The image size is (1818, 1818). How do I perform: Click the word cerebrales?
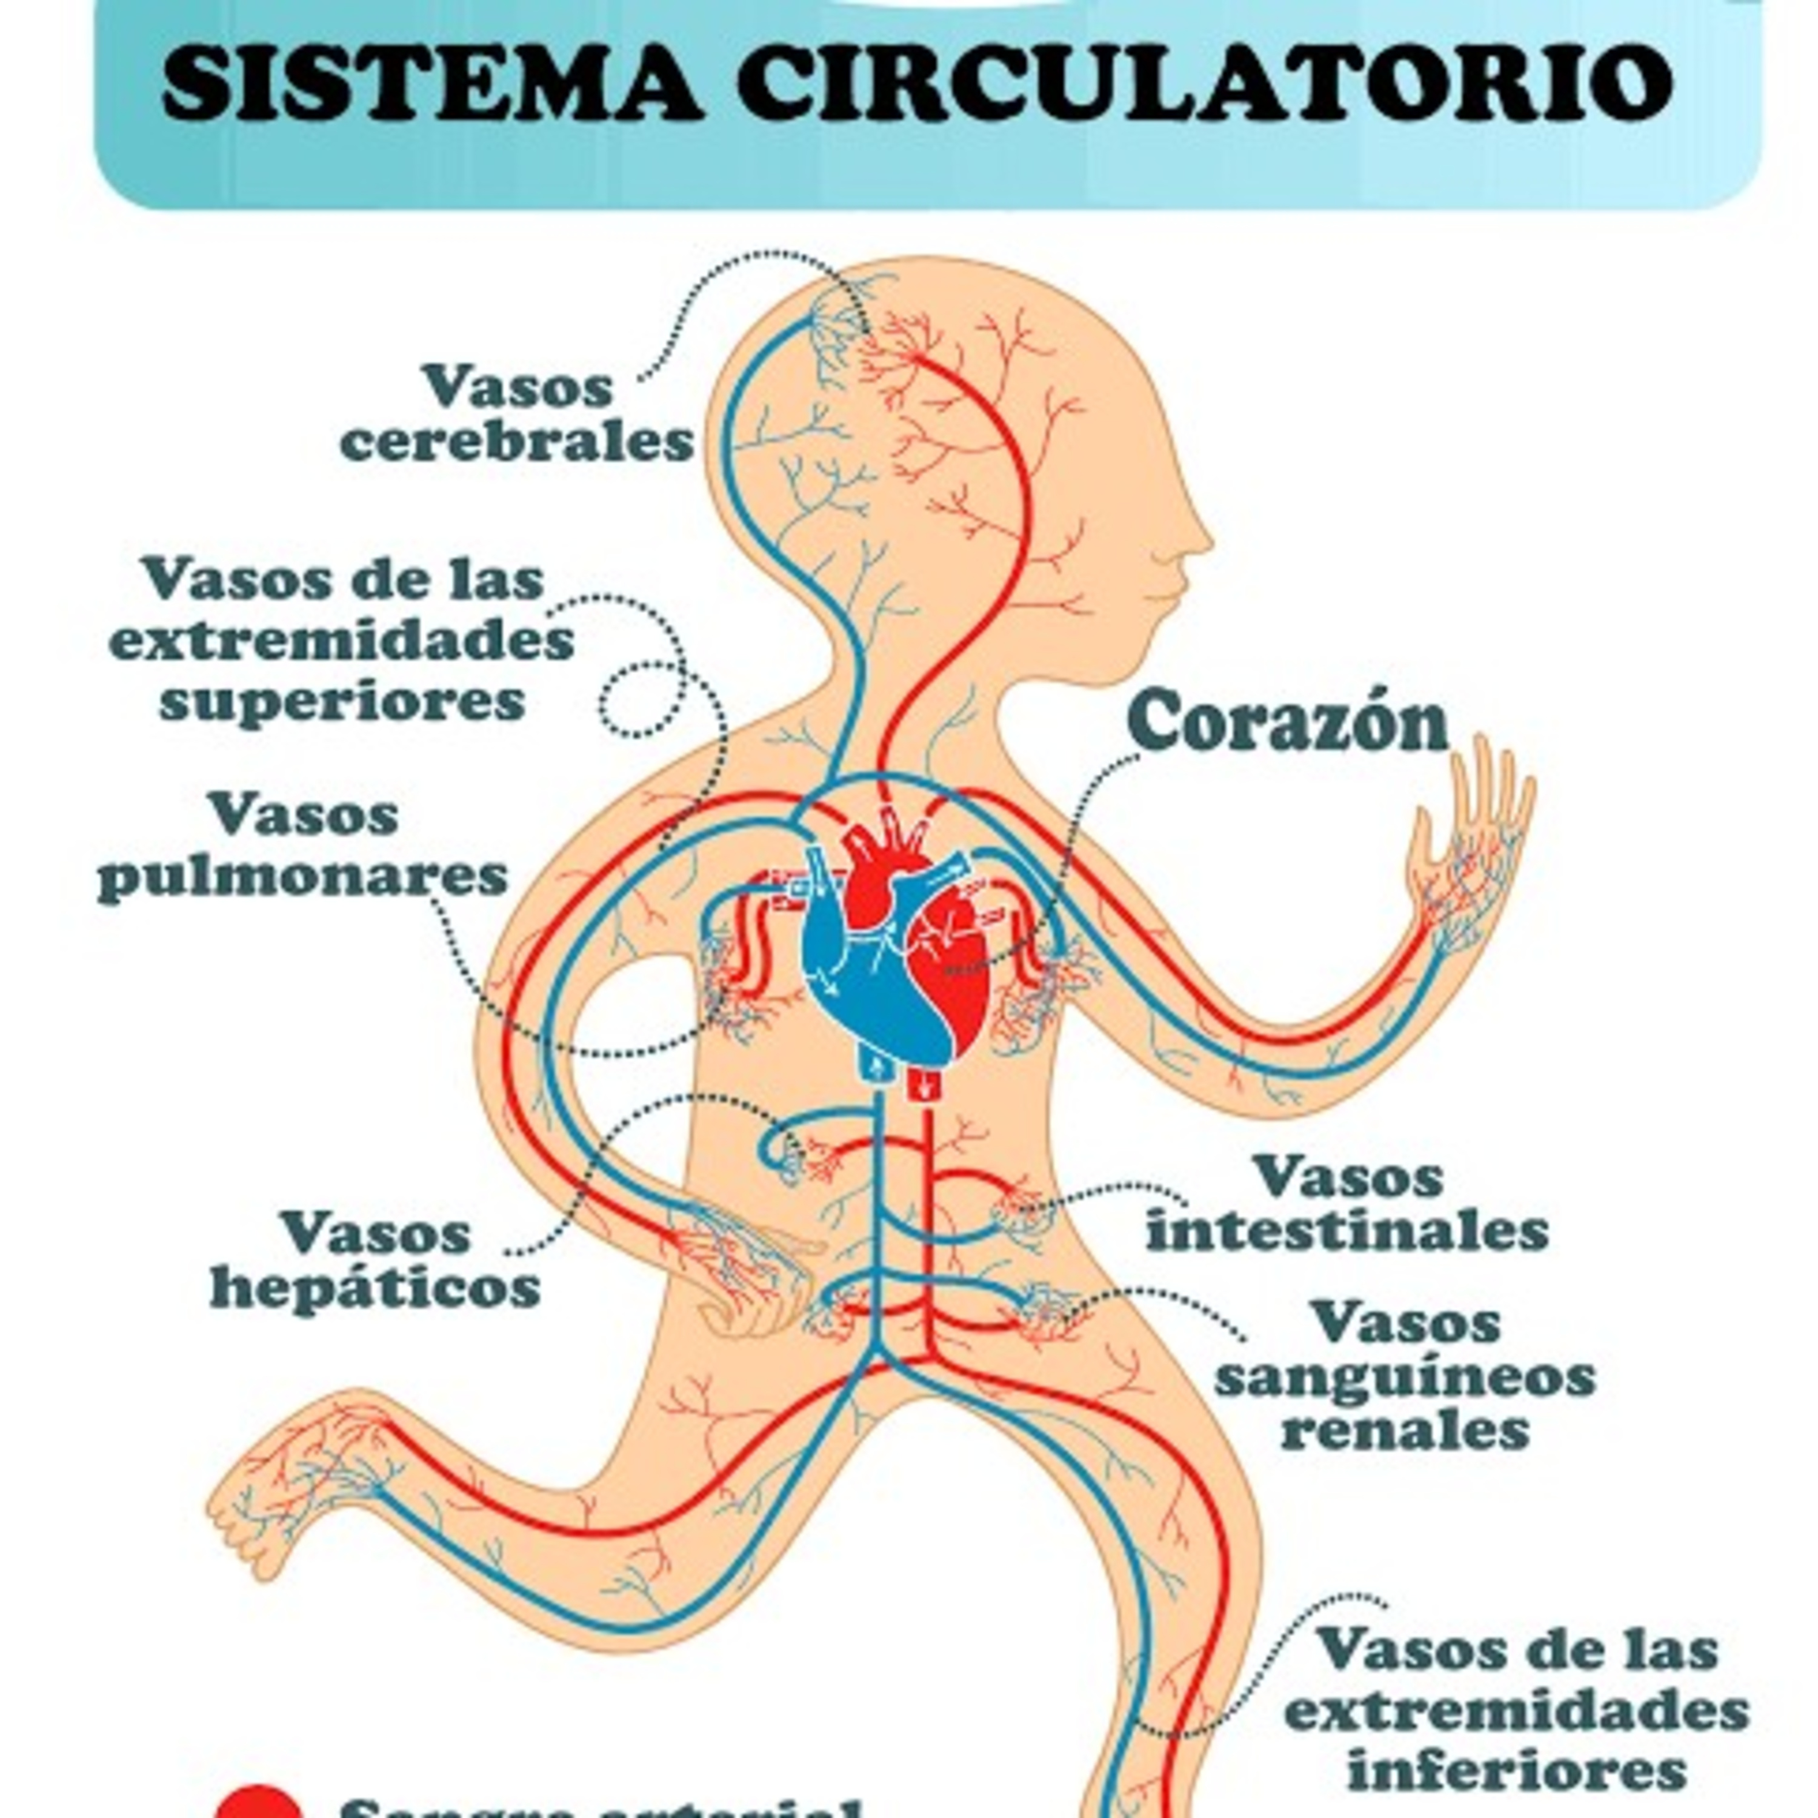click(516, 442)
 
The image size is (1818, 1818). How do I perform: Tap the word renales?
click(1405, 1432)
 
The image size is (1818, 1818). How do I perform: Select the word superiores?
click(342, 702)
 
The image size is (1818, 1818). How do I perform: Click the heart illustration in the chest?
click(894, 950)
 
